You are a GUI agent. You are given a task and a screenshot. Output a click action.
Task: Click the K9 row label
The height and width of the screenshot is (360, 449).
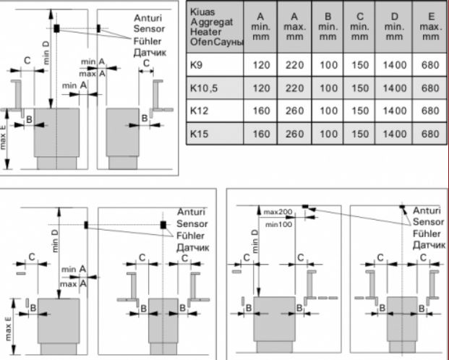(196, 64)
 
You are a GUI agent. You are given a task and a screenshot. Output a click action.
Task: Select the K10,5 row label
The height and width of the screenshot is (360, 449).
(202, 87)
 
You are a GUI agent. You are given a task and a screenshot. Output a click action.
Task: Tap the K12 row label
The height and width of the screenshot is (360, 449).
(198, 111)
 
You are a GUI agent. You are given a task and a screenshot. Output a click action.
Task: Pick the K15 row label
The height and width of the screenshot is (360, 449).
(198, 134)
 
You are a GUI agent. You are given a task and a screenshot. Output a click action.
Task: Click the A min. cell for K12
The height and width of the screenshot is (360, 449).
(260, 111)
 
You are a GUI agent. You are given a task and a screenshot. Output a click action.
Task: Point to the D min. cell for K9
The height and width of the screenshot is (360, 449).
(395, 64)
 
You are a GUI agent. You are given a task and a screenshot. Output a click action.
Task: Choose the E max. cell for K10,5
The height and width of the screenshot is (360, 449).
(429, 87)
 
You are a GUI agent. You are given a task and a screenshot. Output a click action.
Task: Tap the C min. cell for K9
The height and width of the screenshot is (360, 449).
(362, 64)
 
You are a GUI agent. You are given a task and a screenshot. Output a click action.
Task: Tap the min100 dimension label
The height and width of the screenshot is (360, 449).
(278, 225)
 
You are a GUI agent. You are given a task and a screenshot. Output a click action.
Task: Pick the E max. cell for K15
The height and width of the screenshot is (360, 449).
(429, 134)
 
